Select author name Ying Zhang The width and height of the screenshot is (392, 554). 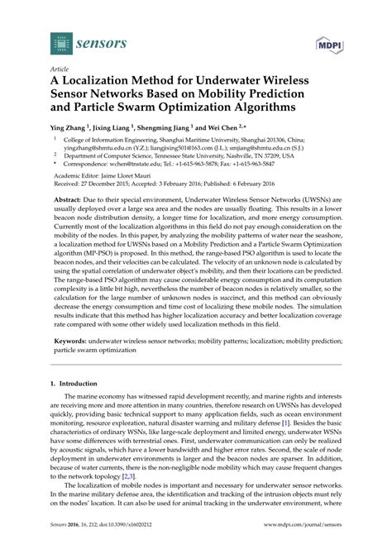click(71, 131)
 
